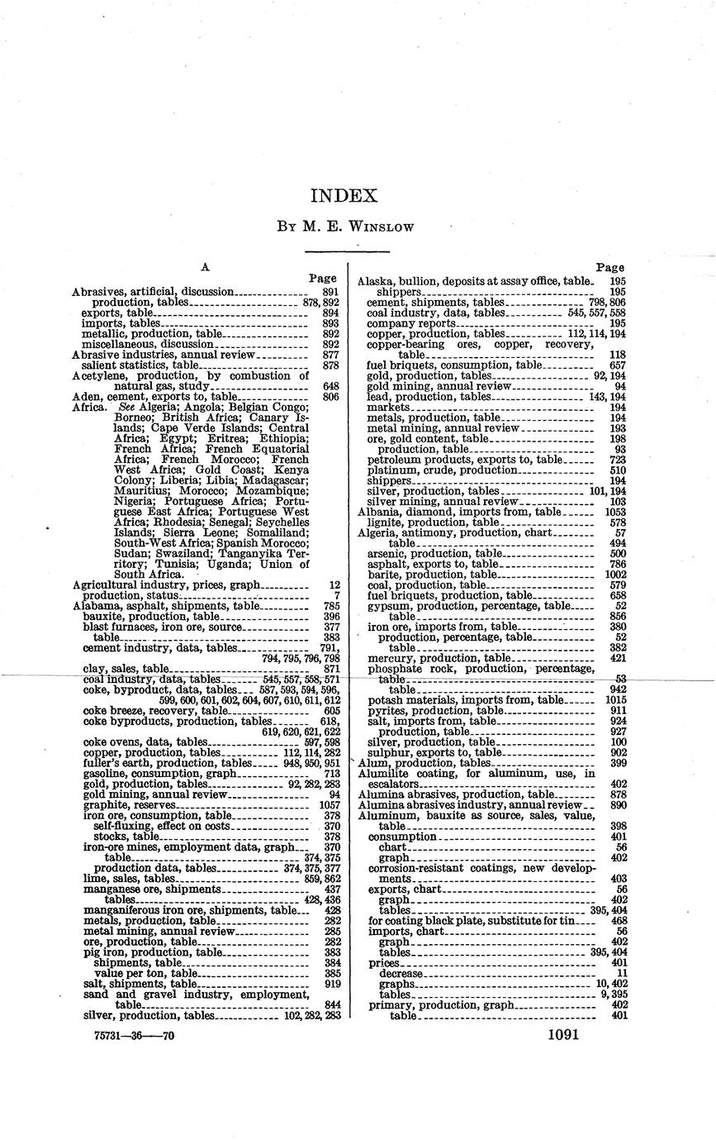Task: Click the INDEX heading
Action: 344,196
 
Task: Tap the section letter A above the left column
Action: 206,267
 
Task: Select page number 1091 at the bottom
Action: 562,1034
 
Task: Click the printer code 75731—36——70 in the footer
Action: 124,1035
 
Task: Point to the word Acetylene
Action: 98,375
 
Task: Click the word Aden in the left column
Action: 84,397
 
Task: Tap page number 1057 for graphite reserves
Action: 330,805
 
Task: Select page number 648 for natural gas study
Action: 332,386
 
